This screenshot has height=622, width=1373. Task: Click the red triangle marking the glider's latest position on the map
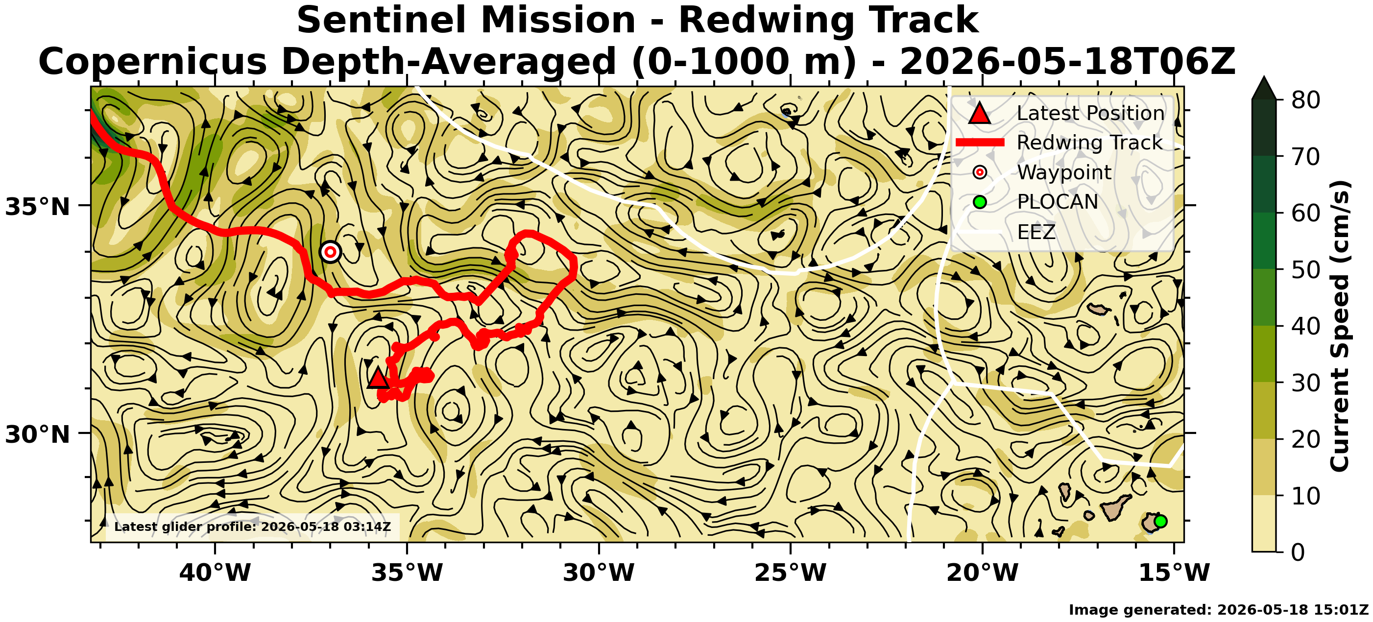pyautogui.click(x=378, y=378)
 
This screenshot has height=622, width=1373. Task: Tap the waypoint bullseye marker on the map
pyautogui.click(x=331, y=252)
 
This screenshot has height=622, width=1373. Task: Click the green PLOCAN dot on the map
pyautogui.click(x=1160, y=521)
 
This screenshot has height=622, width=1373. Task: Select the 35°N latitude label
pyautogui.click(x=38, y=207)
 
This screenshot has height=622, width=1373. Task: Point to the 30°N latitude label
pyautogui.click(x=38, y=435)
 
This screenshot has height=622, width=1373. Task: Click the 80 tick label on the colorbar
pyautogui.click(x=1306, y=100)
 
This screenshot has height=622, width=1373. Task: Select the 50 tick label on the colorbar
pyautogui.click(x=1306, y=270)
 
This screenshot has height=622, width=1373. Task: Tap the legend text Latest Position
pyautogui.click(x=1090, y=113)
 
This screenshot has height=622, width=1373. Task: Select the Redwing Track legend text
pyautogui.click(x=1089, y=143)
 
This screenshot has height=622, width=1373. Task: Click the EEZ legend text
pyautogui.click(x=1036, y=232)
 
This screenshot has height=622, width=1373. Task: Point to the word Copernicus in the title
pyautogui.click(x=152, y=62)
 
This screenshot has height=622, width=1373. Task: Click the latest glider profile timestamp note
pyautogui.click(x=252, y=527)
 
